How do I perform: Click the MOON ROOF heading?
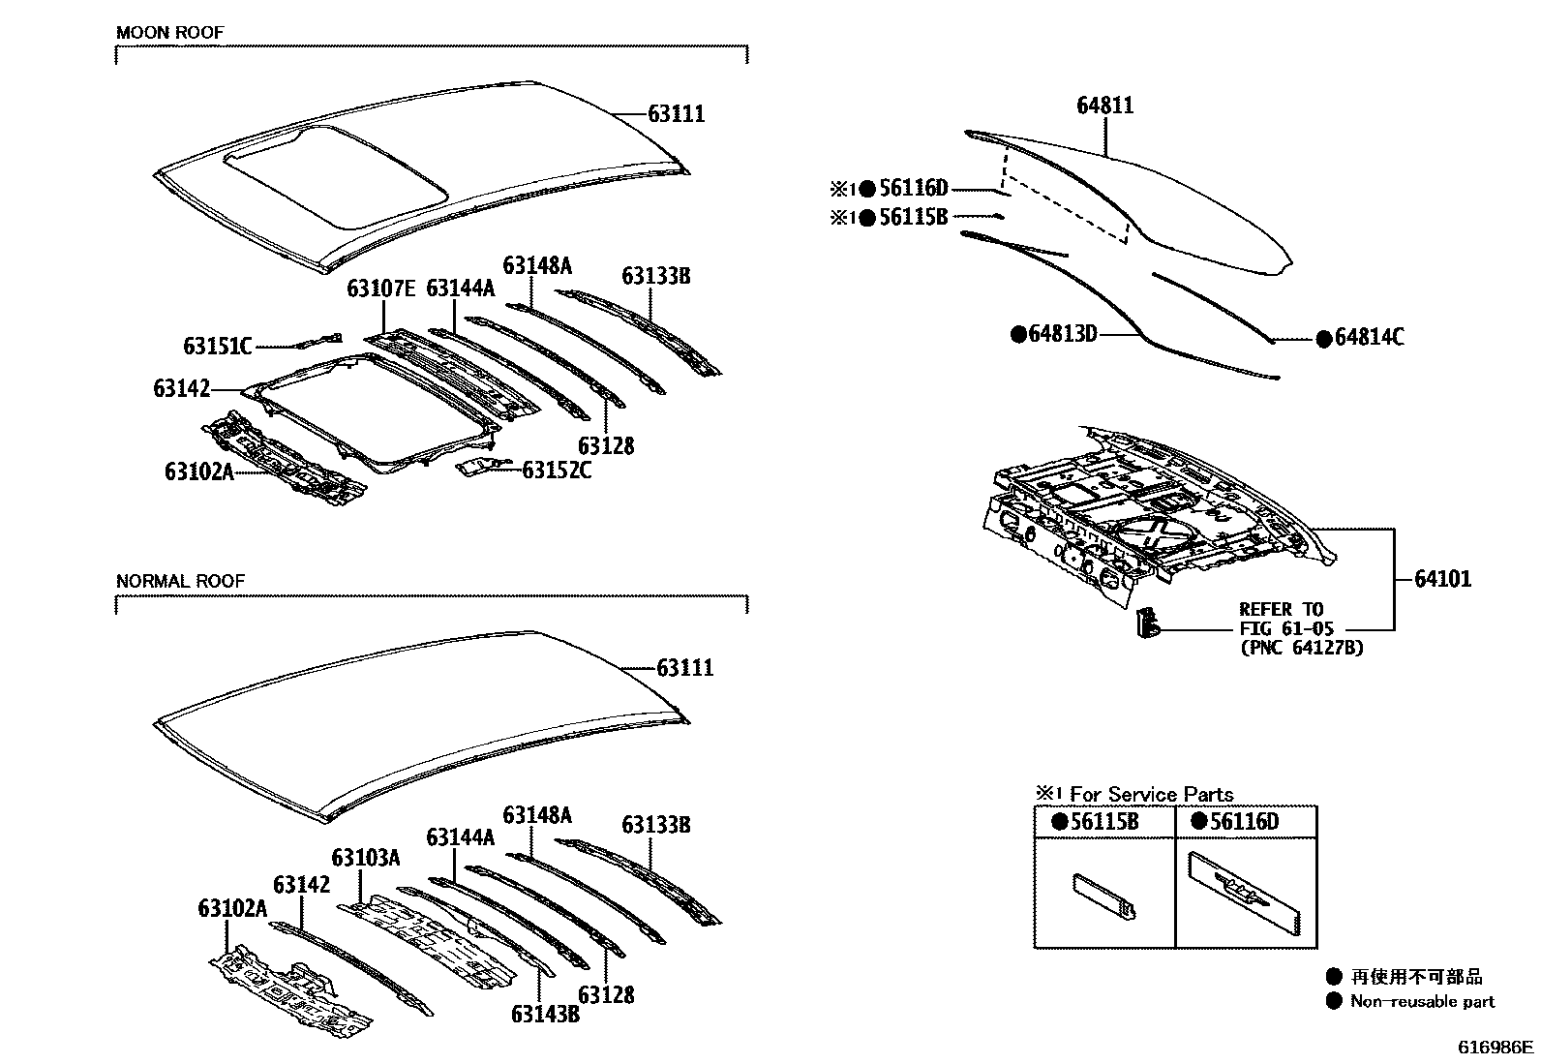pos(169,33)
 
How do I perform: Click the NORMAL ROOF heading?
pos(180,581)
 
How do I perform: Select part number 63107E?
pos(381,289)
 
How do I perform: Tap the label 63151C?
pos(217,346)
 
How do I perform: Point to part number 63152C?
pos(557,471)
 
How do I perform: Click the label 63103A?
pos(365,858)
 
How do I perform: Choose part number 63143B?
pos(545,1014)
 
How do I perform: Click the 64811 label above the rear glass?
pos(1104,105)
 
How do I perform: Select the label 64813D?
pos(1062,334)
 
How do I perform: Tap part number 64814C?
pos(1369,338)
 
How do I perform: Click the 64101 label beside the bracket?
pos(1442,579)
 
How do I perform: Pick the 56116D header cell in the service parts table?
pos(1245,822)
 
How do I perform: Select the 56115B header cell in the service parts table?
pos(1104,822)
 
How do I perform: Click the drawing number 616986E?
pos(1496,1048)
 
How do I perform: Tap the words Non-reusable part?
pos(1422,1002)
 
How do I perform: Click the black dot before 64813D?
pos(1017,334)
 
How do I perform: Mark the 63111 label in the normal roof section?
pos(684,668)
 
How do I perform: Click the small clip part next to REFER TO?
pos(1146,622)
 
